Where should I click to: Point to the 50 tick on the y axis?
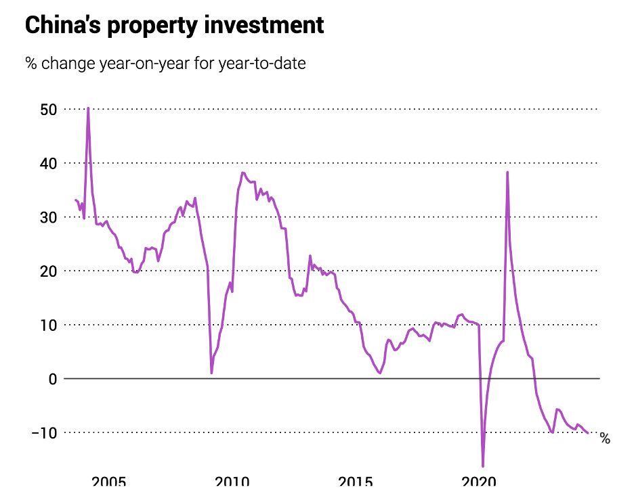(49, 110)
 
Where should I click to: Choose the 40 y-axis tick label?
(49, 163)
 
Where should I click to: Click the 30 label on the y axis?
(49, 217)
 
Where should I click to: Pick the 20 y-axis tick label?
(49, 271)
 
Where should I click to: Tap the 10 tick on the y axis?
(49, 325)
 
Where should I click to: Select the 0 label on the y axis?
(53, 379)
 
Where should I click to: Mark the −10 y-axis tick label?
(45, 432)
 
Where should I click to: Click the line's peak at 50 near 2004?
(88, 108)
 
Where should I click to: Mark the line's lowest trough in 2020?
(483, 466)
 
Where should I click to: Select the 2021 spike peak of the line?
(507, 172)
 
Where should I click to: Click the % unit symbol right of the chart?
(605, 439)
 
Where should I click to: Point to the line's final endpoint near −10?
(588, 433)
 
